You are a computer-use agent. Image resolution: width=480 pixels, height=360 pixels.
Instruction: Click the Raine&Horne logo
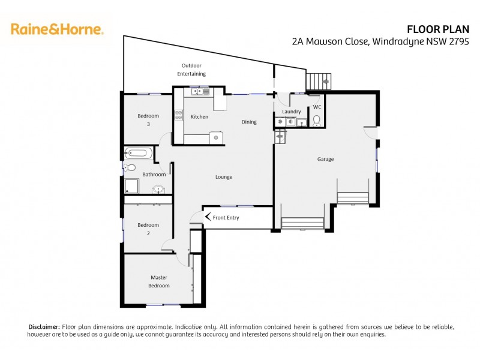(57, 28)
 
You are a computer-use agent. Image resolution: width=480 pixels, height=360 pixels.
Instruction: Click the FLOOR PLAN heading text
(442, 28)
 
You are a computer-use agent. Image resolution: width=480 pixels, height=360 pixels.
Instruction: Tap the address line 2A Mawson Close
(384, 41)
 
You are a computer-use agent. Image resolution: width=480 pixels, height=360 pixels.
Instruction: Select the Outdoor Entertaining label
(191, 70)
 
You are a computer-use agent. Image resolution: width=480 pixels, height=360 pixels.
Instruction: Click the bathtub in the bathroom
(138, 153)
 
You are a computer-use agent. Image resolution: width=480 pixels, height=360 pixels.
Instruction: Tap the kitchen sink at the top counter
(198, 91)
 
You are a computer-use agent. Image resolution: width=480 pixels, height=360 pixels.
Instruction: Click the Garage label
(325, 159)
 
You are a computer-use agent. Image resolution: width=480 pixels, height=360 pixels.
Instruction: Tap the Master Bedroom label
(159, 281)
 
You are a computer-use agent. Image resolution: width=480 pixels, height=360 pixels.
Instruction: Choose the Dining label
(249, 122)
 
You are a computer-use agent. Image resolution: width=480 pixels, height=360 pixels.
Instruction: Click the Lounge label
(224, 177)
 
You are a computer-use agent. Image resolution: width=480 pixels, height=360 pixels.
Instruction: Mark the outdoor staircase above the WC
(318, 80)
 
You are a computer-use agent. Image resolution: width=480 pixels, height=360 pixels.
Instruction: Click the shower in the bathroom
(131, 187)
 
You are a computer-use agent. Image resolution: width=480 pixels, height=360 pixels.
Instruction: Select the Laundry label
(291, 112)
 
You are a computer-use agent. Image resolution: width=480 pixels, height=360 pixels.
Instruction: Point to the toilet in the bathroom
(130, 167)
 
